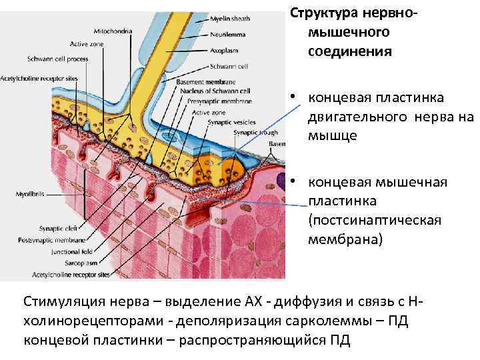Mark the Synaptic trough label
point(250,133)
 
